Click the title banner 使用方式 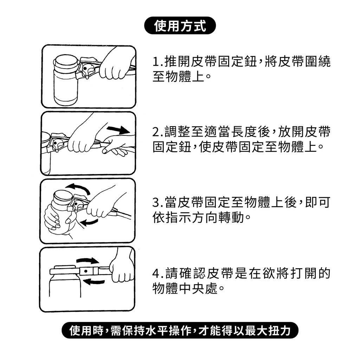click(180, 25)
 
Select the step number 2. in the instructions click(158, 133)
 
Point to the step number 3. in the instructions click(158, 203)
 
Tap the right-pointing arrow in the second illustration click(118, 130)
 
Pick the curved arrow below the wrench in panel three click(90, 222)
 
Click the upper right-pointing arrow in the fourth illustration click(88, 261)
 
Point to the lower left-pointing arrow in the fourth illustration click(94, 282)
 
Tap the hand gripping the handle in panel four click(122, 266)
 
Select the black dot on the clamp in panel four click(86, 271)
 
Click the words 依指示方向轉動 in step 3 click(198, 217)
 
